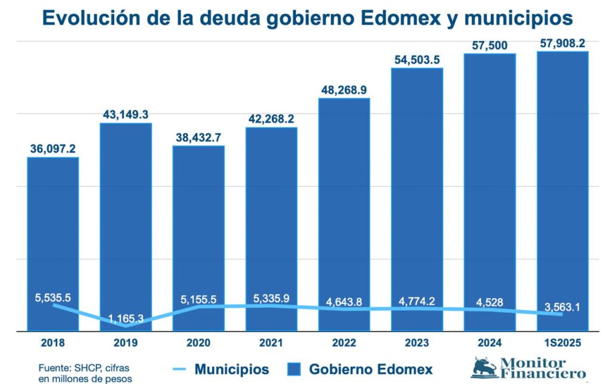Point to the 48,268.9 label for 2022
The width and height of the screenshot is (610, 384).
click(344, 90)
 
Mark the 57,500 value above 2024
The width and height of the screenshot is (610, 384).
click(490, 45)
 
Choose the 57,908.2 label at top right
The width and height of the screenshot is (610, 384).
click(562, 43)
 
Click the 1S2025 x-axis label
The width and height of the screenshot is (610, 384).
click(562, 343)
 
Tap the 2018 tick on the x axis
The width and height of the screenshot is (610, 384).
click(53, 343)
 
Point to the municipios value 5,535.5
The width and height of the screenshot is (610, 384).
click(53, 296)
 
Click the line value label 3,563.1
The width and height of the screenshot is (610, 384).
click(562, 308)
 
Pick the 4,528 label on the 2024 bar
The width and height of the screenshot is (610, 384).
click(490, 302)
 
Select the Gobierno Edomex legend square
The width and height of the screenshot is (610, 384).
click(295, 370)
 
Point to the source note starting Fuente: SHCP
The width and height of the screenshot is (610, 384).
click(83, 373)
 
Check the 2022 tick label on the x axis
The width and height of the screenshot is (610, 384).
click(344, 343)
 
